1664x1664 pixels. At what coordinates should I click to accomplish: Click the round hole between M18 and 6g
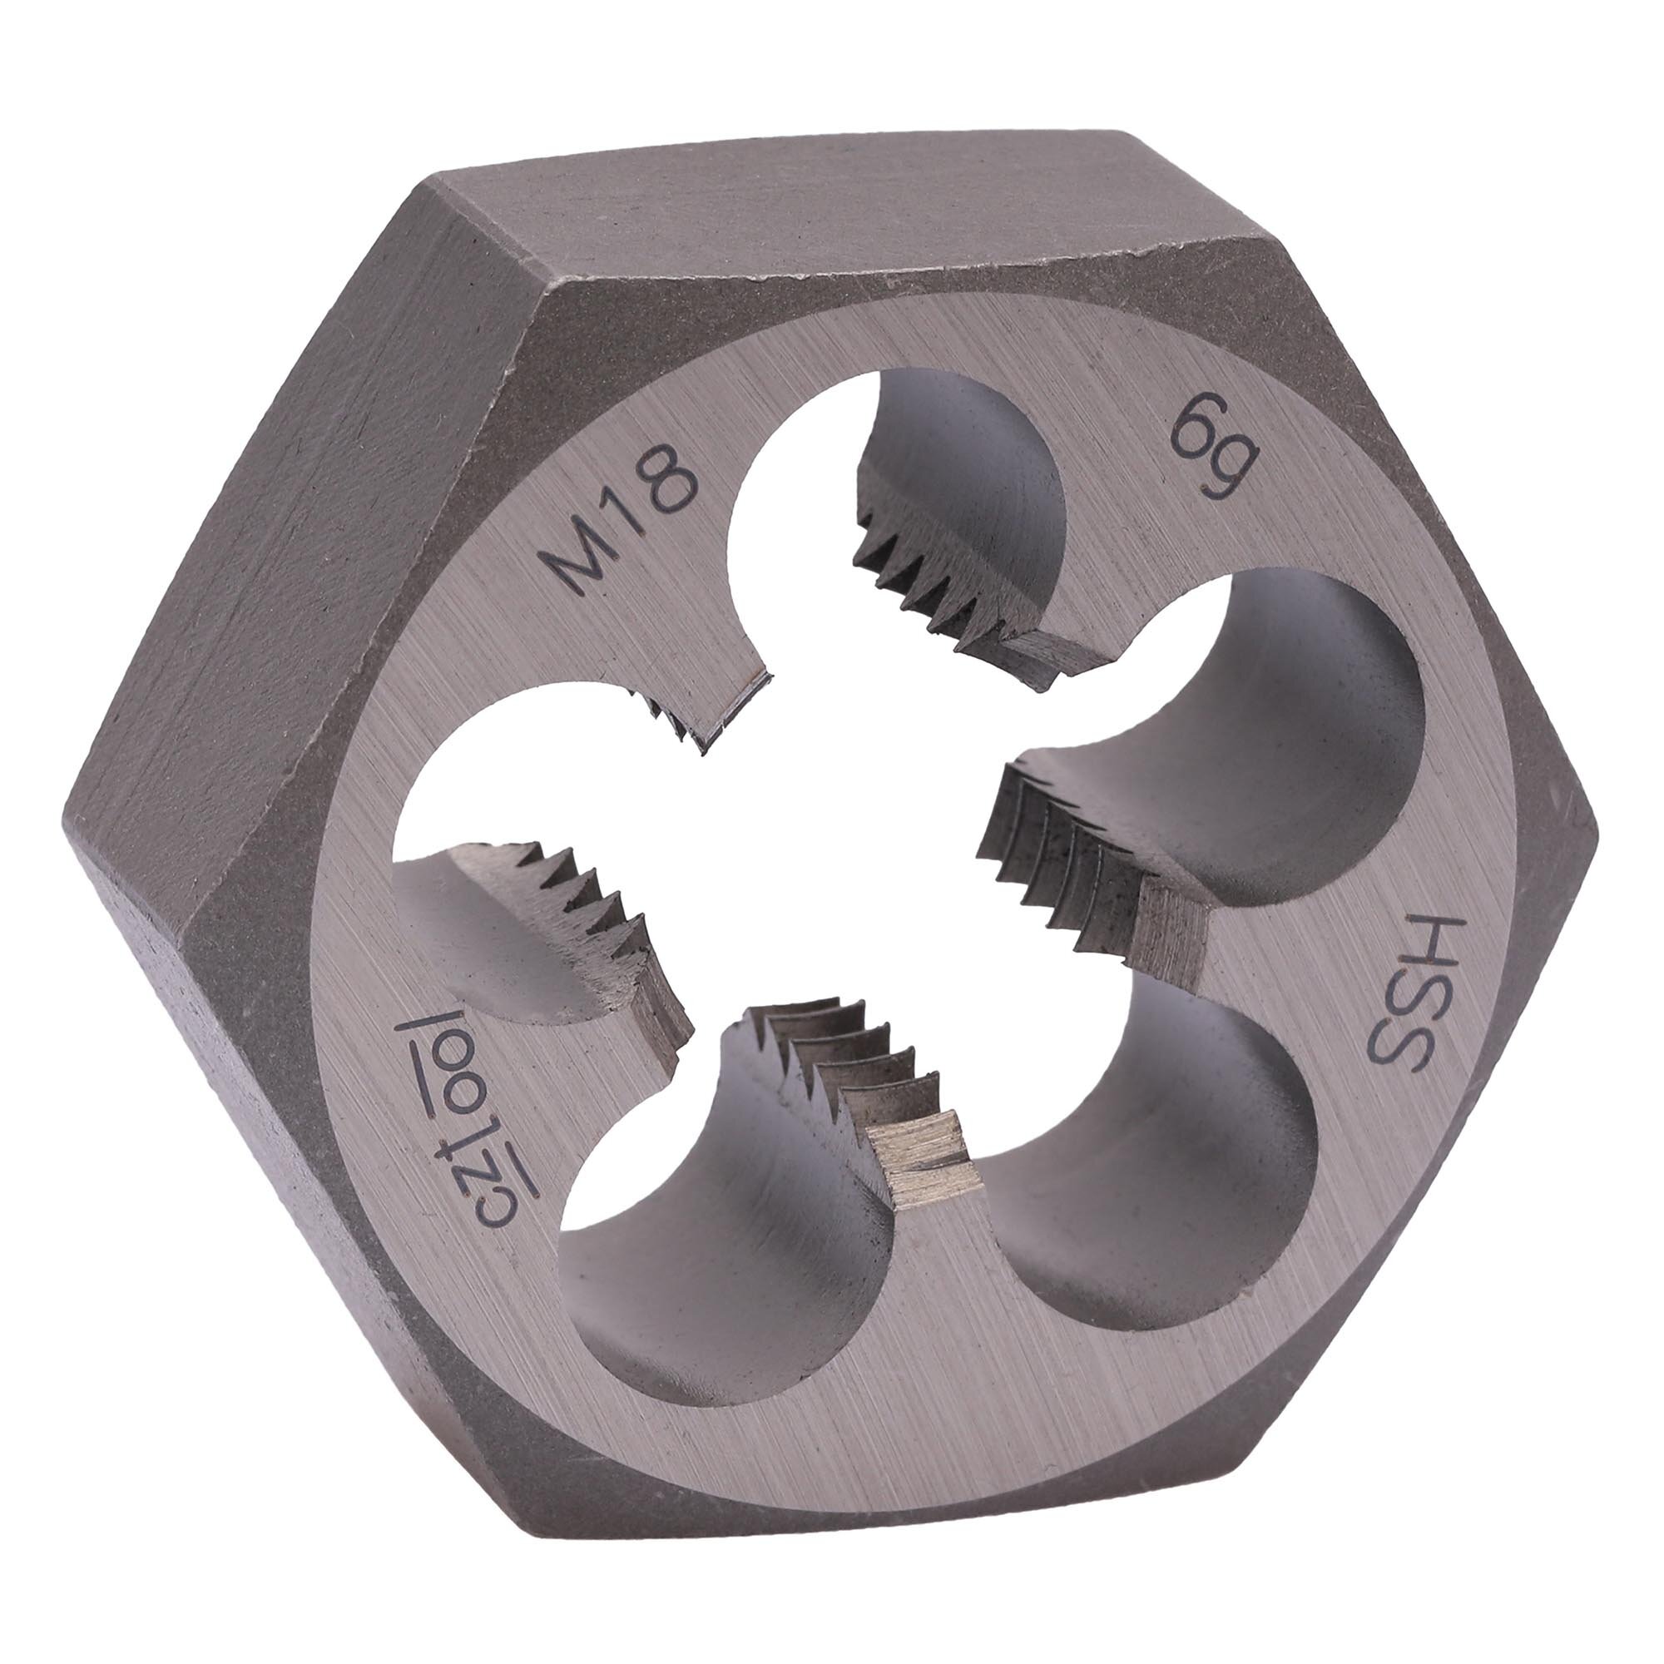896,517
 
